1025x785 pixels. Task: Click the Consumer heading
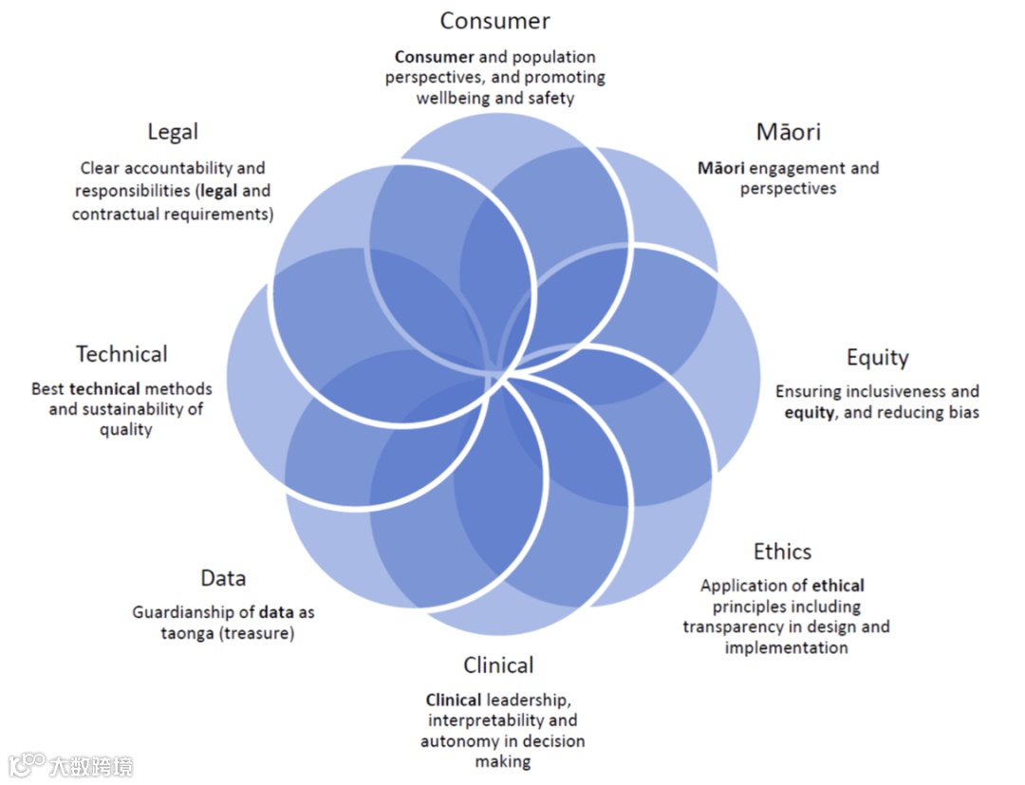coord(494,20)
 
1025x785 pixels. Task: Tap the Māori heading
coord(788,132)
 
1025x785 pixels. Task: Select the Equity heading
coord(877,358)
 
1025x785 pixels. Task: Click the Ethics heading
coord(782,551)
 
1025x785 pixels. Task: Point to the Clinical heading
coord(498,664)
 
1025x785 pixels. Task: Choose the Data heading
coord(223,578)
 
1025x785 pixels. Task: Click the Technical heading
coord(121,354)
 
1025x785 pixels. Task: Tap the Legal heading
coord(173,132)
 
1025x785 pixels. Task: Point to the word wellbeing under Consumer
coord(452,98)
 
